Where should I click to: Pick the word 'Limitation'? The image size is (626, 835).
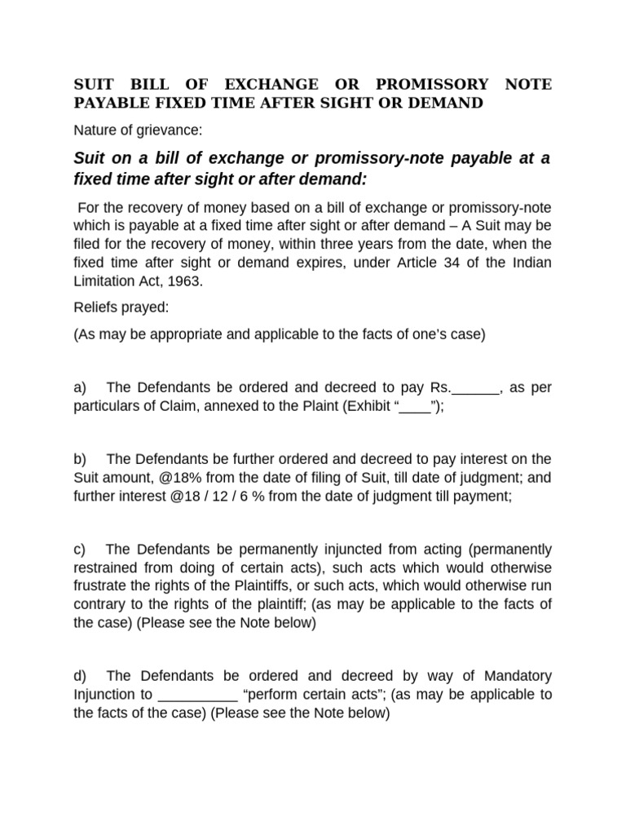click(x=103, y=281)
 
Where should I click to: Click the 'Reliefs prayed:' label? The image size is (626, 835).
click(x=120, y=310)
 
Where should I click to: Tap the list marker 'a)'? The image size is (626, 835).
click(x=80, y=387)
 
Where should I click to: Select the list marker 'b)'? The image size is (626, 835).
click(x=80, y=458)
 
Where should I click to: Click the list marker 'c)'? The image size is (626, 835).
click(x=80, y=548)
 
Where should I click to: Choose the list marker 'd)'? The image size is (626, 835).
click(x=80, y=675)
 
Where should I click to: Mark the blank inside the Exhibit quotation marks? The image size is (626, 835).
click(x=415, y=407)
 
